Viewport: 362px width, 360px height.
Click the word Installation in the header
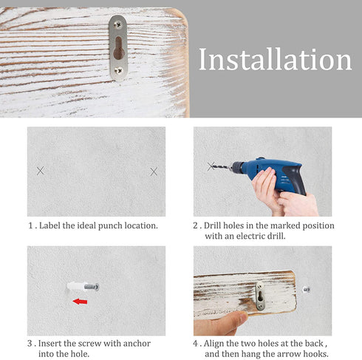[275, 59]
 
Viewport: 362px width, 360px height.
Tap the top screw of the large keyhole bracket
[118, 24]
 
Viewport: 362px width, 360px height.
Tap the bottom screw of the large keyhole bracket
[118, 71]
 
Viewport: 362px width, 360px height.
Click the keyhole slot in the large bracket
[119, 48]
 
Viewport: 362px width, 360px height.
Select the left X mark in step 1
[41, 171]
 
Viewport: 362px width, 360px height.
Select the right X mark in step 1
[154, 171]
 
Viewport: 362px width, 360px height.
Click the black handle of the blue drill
[294, 179]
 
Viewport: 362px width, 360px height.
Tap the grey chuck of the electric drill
[237, 168]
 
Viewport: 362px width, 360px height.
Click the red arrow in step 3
[80, 302]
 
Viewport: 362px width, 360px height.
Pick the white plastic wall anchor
[77, 286]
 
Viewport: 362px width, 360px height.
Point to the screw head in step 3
[97, 287]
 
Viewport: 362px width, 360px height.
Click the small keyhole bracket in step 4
[260, 296]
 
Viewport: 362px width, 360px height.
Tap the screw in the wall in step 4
[307, 290]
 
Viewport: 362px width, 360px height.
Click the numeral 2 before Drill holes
[195, 225]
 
